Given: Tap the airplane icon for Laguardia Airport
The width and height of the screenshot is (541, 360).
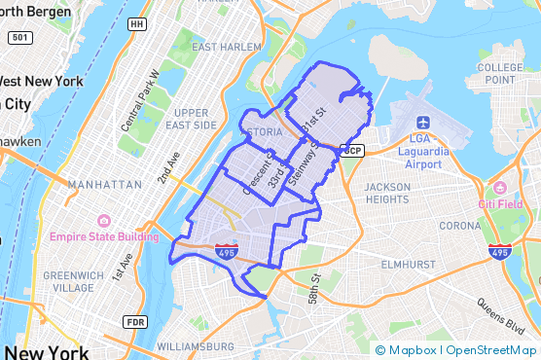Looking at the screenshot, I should click(x=423, y=123).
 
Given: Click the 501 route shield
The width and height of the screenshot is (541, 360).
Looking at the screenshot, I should click(x=19, y=37).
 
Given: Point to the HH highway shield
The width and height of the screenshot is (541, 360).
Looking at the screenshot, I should click(x=137, y=23).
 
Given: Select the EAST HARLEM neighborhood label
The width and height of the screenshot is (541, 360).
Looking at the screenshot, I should click(x=228, y=47).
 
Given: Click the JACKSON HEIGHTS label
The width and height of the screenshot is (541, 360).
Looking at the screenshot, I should click(x=386, y=193).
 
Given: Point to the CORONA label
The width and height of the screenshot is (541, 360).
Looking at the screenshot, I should click(x=460, y=226).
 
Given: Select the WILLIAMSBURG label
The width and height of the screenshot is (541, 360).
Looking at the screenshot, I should click(x=195, y=345).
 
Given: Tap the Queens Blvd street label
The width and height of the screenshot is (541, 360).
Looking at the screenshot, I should click(x=498, y=317).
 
